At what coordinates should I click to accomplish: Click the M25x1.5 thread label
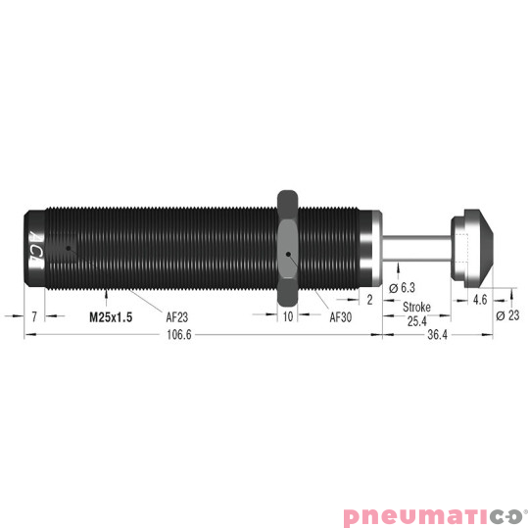[x=111, y=317]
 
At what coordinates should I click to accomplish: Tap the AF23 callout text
[x=177, y=317]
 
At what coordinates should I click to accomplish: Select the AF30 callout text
[x=340, y=317]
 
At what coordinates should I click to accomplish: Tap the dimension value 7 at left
[x=33, y=317]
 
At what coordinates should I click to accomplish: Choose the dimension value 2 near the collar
[x=369, y=301]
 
